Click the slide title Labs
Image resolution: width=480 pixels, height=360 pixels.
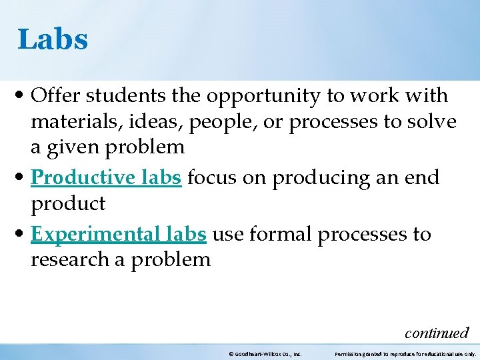click(53, 39)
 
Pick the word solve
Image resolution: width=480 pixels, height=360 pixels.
click(433, 122)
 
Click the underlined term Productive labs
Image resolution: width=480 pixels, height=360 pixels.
click(106, 178)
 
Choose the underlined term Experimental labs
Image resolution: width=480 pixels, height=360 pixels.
click(119, 235)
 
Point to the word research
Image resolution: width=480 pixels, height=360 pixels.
click(70, 259)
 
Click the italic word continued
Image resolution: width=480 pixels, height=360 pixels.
click(437, 332)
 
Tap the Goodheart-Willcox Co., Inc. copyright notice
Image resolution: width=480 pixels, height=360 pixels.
click(265, 353)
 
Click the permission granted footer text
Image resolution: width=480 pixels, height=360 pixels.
click(405, 353)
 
